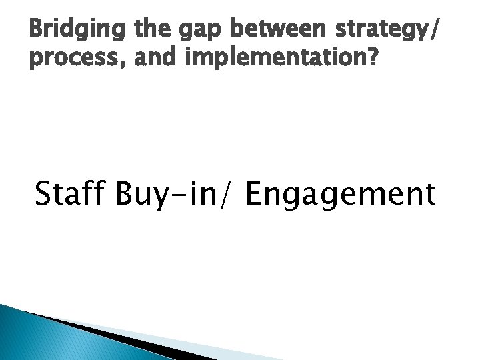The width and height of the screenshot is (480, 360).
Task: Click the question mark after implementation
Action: [x=371, y=59]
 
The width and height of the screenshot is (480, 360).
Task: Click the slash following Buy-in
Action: [x=231, y=195]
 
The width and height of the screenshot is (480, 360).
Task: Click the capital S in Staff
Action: [x=44, y=194]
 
